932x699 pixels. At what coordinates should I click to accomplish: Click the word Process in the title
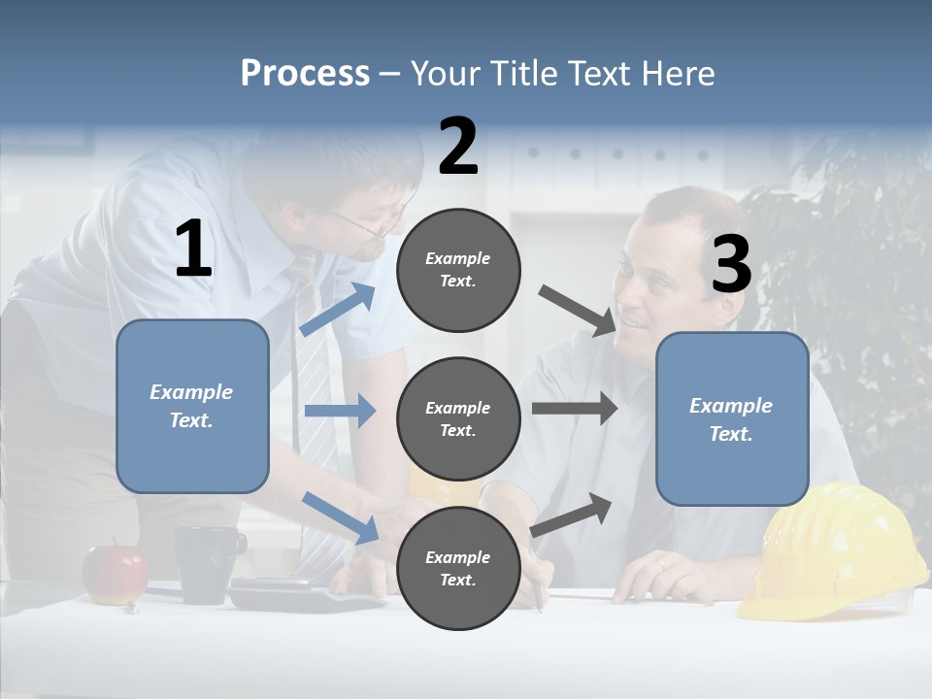pyautogui.click(x=305, y=74)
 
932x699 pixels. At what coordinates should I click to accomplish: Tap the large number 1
pyautogui.click(x=193, y=250)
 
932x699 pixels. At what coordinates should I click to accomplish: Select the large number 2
pyautogui.click(x=458, y=147)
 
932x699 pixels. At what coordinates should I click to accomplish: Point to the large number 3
pyautogui.click(x=731, y=265)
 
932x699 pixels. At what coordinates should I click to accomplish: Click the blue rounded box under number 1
pyautogui.click(x=192, y=406)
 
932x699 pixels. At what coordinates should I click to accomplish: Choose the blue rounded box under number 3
pyautogui.click(x=732, y=419)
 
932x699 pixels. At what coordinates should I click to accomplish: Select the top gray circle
pyautogui.click(x=458, y=270)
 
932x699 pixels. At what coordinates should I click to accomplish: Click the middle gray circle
pyautogui.click(x=458, y=418)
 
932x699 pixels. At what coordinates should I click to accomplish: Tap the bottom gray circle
pyautogui.click(x=458, y=568)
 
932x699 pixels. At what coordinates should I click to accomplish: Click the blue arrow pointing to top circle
pyautogui.click(x=338, y=310)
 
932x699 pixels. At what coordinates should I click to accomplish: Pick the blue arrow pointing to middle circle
pyautogui.click(x=339, y=411)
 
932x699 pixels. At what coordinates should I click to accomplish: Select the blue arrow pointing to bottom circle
pyautogui.click(x=340, y=516)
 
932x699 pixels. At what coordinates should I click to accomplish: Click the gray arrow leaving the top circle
pyautogui.click(x=577, y=310)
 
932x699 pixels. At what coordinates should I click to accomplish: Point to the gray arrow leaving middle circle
pyautogui.click(x=574, y=408)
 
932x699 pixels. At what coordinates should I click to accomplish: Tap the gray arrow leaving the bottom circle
pyautogui.click(x=572, y=515)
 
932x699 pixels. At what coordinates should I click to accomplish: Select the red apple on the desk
pyautogui.click(x=114, y=573)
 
